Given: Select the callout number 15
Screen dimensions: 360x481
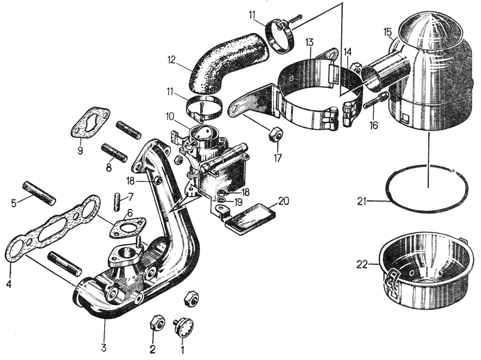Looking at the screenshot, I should pyautogui.click(x=388, y=31).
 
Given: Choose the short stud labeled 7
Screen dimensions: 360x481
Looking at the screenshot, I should pyautogui.click(x=117, y=201).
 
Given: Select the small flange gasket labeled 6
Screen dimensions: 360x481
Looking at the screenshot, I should pyautogui.click(x=126, y=227).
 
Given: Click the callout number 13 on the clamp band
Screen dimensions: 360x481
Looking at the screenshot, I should pyautogui.click(x=308, y=42).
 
